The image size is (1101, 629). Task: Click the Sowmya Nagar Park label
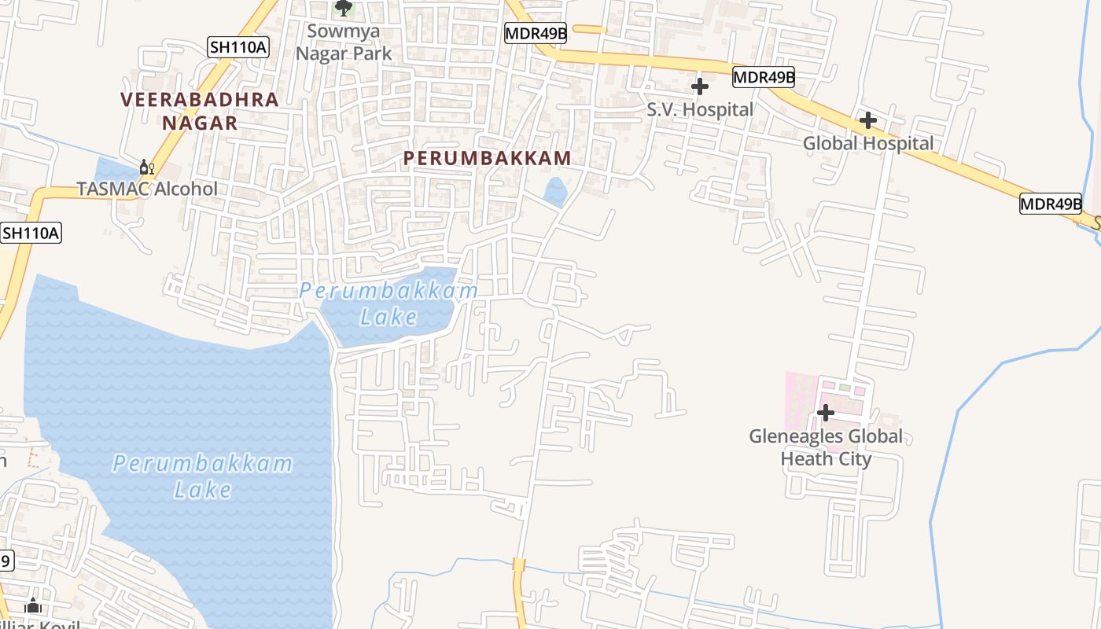(343, 42)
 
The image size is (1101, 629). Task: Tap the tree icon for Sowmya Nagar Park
(343, 8)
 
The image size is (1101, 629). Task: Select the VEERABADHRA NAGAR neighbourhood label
(200, 111)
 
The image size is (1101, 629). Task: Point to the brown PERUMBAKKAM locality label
(487, 158)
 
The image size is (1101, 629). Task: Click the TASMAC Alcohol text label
(147, 189)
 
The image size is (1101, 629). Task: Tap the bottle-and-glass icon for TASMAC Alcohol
(146, 167)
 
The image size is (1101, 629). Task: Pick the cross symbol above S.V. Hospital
(699, 86)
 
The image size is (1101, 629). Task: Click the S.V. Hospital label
(700, 109)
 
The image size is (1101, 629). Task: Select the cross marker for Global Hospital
(867, 120)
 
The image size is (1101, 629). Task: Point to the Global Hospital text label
(868, 143)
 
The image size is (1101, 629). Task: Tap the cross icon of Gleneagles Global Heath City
(825, 412)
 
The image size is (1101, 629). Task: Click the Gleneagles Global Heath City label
(826, 447)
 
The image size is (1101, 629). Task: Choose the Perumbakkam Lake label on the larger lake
(202, 476)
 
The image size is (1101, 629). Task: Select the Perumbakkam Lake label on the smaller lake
(388, 303)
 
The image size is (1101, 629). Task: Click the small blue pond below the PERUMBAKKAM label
(555, 191)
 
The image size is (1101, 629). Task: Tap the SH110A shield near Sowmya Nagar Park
(238, 47)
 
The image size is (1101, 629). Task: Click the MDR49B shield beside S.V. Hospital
(763, 77)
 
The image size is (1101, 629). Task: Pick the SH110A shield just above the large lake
(31, 233)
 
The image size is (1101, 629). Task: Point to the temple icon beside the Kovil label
(33, 605)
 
